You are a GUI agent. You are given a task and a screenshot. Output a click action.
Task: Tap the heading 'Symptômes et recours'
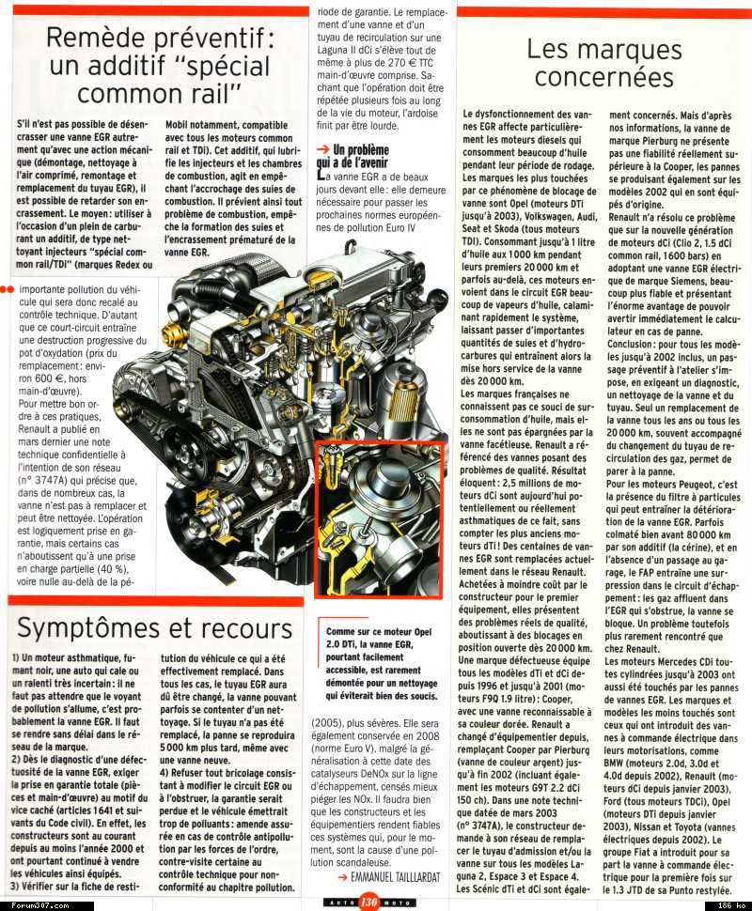(x=155, y=626)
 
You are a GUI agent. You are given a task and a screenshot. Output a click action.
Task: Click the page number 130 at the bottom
(x=368, y=903)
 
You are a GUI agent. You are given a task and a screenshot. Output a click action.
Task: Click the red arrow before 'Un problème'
(x=322, y=149)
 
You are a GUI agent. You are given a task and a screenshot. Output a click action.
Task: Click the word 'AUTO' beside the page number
(x=337, y=903)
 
